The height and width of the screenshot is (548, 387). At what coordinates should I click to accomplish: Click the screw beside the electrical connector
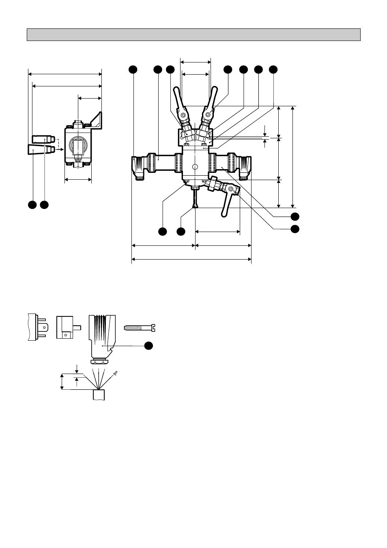tap(140, 327)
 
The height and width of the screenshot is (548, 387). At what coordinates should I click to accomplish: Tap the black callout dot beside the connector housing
tap(149, 345)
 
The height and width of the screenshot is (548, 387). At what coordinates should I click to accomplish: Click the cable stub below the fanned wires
tap(99, 395)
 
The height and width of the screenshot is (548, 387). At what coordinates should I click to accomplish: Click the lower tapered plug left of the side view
tap(41, 150)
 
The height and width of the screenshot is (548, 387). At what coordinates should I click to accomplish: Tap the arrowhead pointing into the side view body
tap(61, 150)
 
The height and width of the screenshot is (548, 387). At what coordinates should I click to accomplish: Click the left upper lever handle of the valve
tap(178, 98)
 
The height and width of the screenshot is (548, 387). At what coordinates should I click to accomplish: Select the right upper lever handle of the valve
tap(212, 97)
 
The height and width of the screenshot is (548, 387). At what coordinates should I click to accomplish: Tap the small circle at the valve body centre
tap(195, 167)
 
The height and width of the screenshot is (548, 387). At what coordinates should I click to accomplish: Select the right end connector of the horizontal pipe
tap(245, 166)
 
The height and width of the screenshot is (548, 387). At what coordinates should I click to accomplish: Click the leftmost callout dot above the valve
tap(132, 70)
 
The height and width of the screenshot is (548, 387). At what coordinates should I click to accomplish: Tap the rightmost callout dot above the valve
tap(273, 70)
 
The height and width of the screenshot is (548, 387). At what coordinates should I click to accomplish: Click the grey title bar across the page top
tap(193, 35)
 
